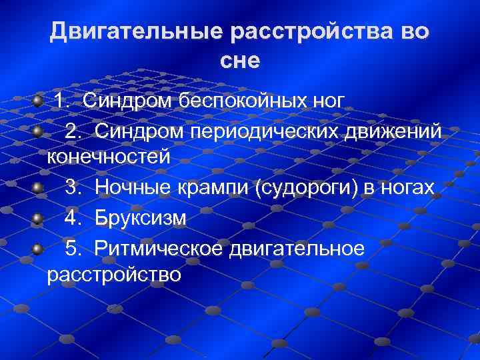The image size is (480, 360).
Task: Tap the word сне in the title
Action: coord(240,61)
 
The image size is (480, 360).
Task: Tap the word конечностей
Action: coord(109,157)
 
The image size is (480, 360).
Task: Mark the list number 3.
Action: coord(73,188)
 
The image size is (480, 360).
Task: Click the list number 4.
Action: coord(73,218)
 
